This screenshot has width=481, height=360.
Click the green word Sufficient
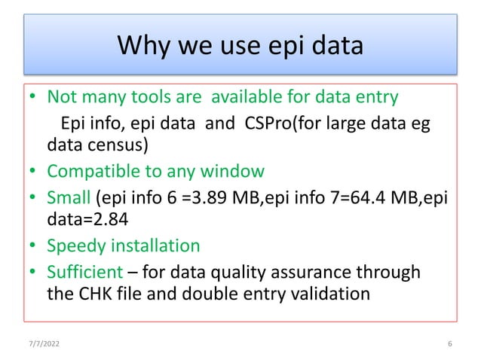pyautogui.click(x=83, y=270)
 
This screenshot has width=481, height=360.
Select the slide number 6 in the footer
pyautogui.click(x=449, y=345)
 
